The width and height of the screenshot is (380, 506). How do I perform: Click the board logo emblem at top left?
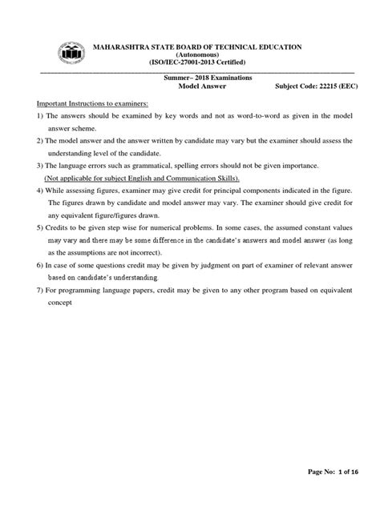(72, 54)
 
